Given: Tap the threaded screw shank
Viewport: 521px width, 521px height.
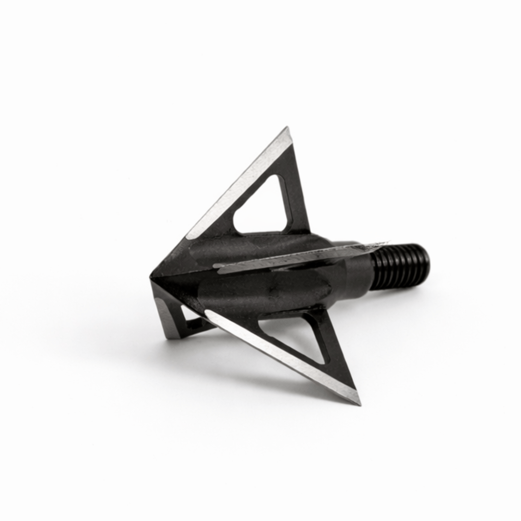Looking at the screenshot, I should coord(404,265).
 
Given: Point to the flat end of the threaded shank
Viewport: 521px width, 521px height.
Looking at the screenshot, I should coord(425,262).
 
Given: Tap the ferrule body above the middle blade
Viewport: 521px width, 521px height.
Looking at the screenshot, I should coord(243,248).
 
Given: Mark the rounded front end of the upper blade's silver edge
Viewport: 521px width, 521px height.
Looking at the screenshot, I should coord(190,236).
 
